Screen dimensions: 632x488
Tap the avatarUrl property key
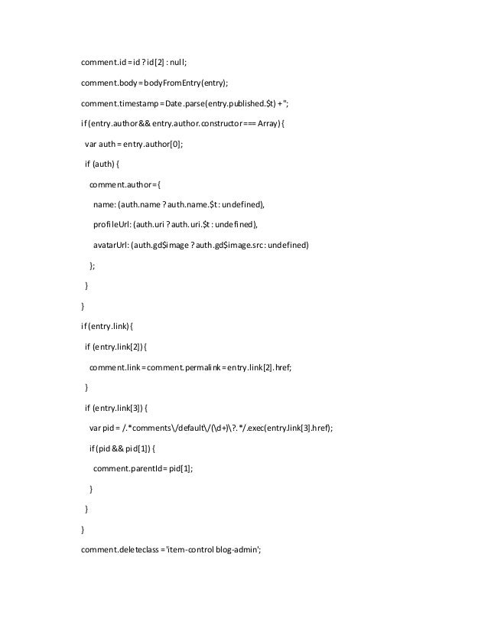pyautogui.click(x=112, y=245)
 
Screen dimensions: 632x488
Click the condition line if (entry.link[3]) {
pyautogui.click(x=115, y=406)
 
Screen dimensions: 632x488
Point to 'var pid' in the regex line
pyautogui.click(x=102, y=427)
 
